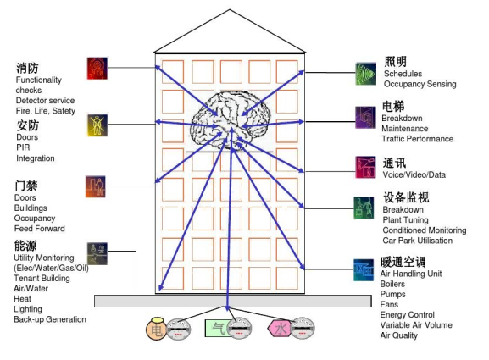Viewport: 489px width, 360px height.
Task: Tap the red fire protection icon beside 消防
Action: [97, 69]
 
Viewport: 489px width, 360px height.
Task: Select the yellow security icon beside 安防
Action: [97, 125]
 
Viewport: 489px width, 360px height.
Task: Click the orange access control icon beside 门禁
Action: [96, 186]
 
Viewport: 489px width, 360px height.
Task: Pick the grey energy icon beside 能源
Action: [97, 254]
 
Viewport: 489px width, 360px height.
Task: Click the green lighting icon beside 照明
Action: [366, 74]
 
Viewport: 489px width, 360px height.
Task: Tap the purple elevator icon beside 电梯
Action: [365, 118]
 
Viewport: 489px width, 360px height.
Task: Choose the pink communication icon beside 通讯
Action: [365, 167]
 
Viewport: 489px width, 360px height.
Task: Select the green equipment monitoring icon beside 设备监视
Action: [364, 208]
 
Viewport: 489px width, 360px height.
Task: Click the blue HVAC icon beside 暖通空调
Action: [364, 270]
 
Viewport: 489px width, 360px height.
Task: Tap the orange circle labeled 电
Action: [156, 329]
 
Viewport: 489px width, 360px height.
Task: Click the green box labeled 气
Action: [217, 328]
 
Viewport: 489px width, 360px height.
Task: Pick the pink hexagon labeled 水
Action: [280, 328]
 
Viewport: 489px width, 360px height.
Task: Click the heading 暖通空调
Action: [403, 262]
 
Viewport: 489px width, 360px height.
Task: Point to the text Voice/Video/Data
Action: [414, 174]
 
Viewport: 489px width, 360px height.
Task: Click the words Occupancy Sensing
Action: [420, 84]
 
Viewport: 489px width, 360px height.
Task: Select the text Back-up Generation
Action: [50, 319]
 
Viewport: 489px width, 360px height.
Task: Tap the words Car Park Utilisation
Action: [418, 241]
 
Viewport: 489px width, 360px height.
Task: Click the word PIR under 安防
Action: [23, 147]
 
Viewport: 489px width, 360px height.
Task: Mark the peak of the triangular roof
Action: [230, 9]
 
